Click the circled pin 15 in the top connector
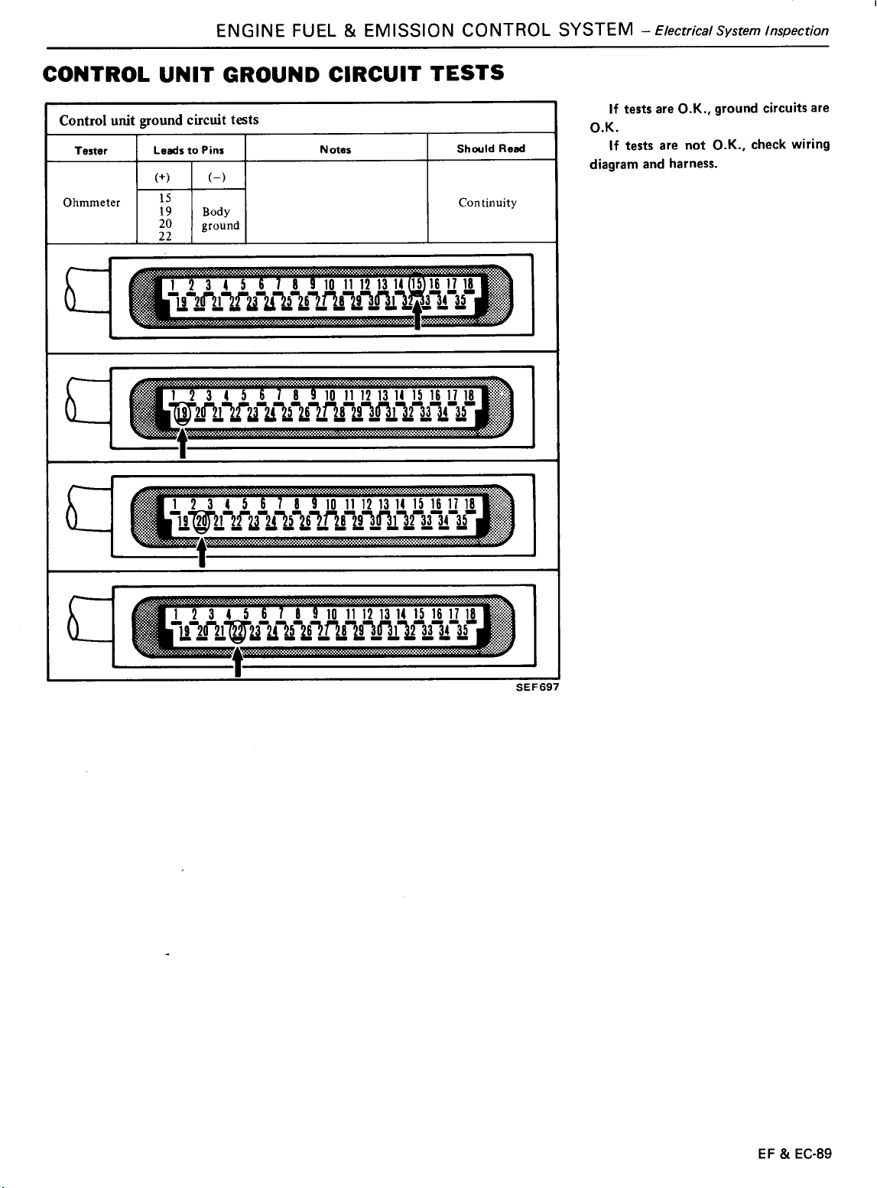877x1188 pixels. (416, 284)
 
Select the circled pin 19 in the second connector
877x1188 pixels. (183, 413)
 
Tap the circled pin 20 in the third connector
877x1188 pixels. (201, 521)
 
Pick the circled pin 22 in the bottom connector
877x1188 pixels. (237, 633)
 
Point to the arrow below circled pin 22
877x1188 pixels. (237, 661)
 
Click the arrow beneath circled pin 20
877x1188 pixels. (201, 552)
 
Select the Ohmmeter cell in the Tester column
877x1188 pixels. (92, 203)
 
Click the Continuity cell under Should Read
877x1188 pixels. (487, 203)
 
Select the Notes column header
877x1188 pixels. (335, 149)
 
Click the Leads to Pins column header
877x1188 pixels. (188, 150)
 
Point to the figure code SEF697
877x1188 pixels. (537, 687)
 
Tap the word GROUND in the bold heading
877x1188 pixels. (271, 74)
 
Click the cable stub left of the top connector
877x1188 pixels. (86, 290)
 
